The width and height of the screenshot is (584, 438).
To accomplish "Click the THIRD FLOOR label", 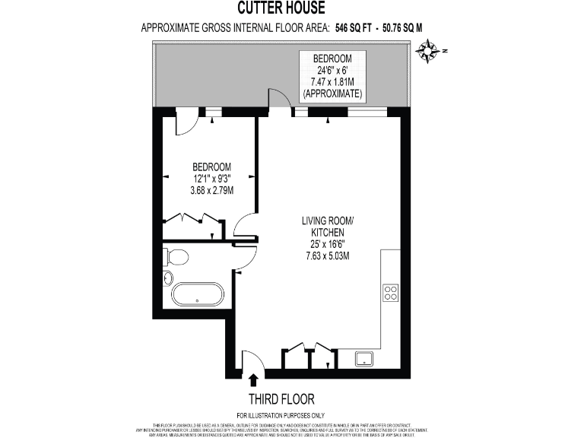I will (x=281, y=398).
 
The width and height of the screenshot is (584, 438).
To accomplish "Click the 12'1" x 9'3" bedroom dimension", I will (x=212, y=178).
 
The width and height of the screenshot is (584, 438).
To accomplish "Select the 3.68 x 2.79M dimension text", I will (x=212, y=189).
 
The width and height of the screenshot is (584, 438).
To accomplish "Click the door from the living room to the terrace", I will (x=280, y=99).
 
